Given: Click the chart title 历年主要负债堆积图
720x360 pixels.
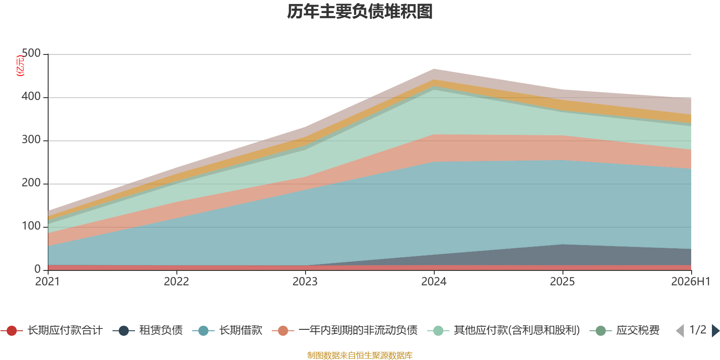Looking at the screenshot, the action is [360, 12].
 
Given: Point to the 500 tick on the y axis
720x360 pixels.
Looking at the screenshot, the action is [31, 53].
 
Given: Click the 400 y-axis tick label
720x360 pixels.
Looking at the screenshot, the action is [31, 96].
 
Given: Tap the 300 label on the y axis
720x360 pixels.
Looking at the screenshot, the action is [31, 139].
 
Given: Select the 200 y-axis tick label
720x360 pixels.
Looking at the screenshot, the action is [31, 183].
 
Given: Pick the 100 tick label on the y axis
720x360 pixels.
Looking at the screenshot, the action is [31, 226].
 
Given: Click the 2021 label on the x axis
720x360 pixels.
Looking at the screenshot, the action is [48, 281].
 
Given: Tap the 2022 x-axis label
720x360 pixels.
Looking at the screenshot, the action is [176, 281].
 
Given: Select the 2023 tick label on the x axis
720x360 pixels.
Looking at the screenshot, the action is [305, 281].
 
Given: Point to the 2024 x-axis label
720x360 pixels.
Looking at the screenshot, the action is [434, 281].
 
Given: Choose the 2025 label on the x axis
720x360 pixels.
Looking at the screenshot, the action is [562, 281].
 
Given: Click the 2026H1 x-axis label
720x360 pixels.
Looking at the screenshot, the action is [691, 281].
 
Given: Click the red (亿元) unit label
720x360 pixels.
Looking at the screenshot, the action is [20, 66].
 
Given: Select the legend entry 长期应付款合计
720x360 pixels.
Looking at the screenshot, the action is [52, 330].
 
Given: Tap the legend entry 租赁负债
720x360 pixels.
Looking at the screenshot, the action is [148, 330].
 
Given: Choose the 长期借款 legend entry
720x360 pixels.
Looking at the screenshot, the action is [228, 330].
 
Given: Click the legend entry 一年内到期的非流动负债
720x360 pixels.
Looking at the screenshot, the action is [345, 330].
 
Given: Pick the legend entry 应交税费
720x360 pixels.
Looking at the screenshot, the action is [625, 330].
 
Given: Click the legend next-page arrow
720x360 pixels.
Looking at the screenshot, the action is [715, 330].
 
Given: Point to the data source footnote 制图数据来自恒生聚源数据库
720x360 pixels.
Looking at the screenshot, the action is [360, 355].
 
